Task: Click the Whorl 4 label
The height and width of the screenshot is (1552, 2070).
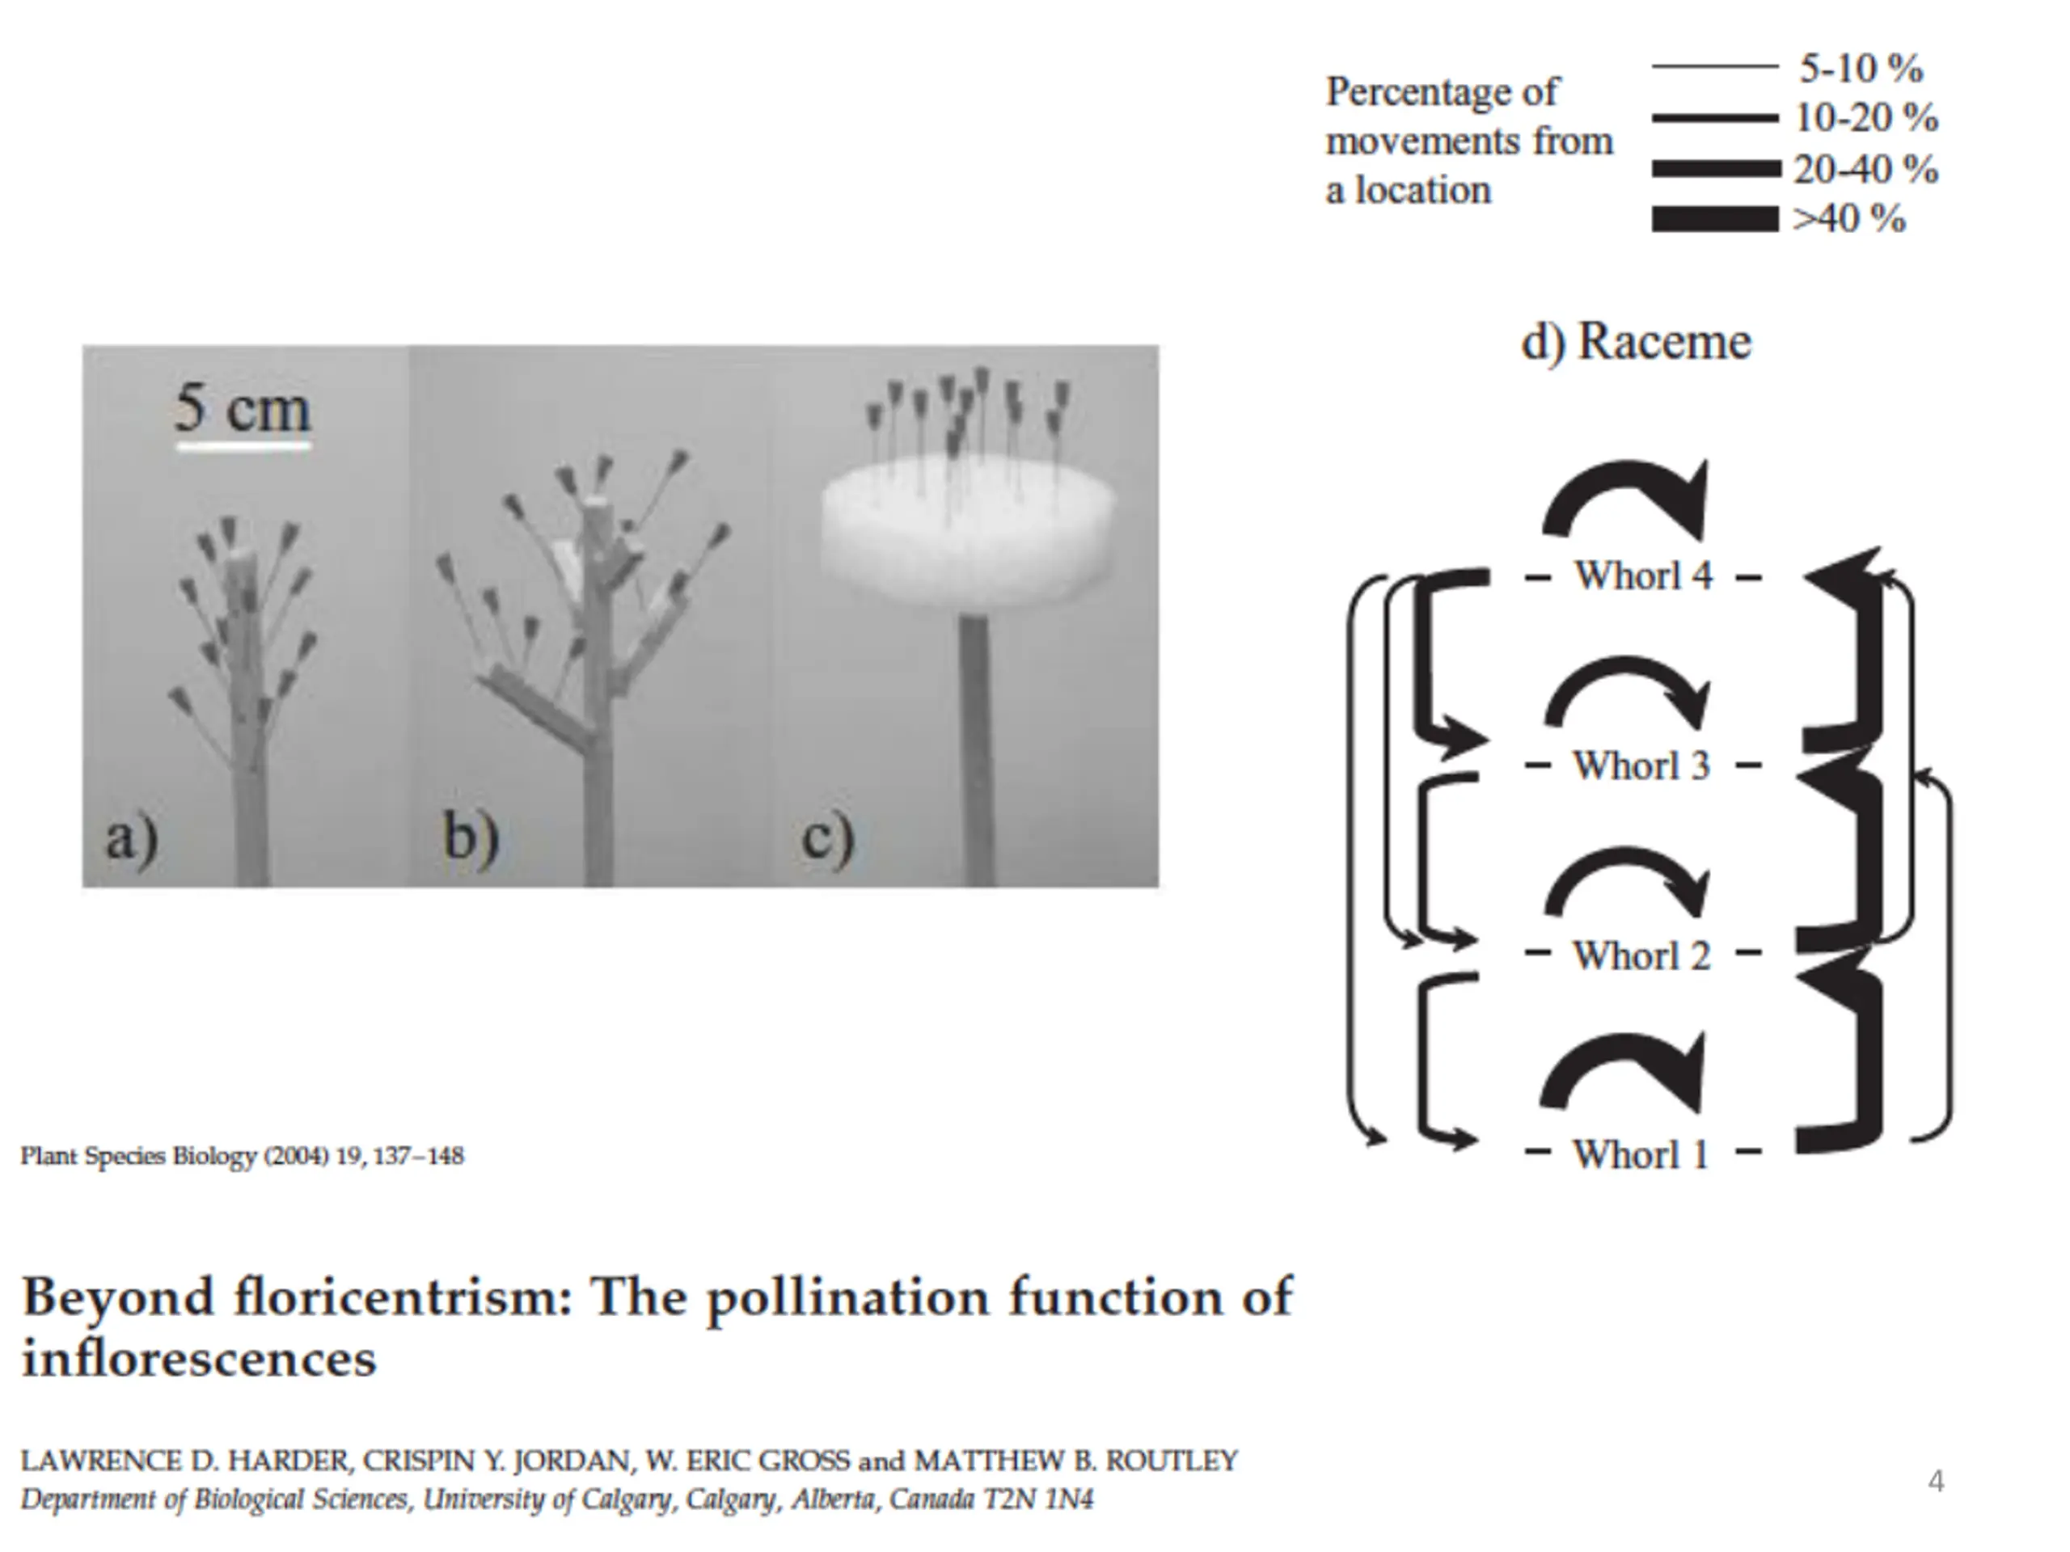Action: coord(1642,576)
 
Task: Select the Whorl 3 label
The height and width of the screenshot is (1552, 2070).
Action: coord(1641,766)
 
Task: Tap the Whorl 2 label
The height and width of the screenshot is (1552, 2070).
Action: coord(1641,956)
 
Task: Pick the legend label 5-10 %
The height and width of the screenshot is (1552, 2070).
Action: coord(1861,68)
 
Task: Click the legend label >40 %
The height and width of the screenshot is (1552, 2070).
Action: coord(1849,219)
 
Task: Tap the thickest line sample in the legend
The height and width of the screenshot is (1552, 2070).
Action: coord(1714,219)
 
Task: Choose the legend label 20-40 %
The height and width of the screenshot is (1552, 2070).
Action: coord(1865,169)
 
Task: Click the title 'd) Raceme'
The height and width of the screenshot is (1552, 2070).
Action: coord(1636,341)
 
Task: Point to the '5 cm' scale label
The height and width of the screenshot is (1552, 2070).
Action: coord(243,408)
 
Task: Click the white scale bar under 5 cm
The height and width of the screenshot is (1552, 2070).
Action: coord(243,446)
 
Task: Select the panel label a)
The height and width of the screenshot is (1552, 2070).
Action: coord(131,837)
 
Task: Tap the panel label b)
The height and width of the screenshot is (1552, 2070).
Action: coord(471,835)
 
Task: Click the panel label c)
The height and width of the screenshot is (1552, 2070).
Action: coord(828,835)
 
